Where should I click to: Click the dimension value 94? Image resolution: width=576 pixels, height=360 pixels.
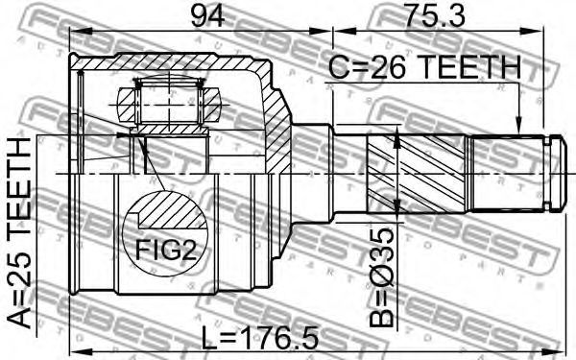click(207, 15)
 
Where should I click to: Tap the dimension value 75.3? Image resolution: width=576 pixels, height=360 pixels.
click(434, 15)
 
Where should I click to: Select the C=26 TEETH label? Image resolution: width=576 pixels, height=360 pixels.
click(424, 67)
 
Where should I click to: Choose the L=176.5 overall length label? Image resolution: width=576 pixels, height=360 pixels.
click(260, 339)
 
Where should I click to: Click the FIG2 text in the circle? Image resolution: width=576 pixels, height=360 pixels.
click(166, 250)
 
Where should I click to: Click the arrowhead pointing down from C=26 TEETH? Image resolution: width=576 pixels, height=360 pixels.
click(518, 126)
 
